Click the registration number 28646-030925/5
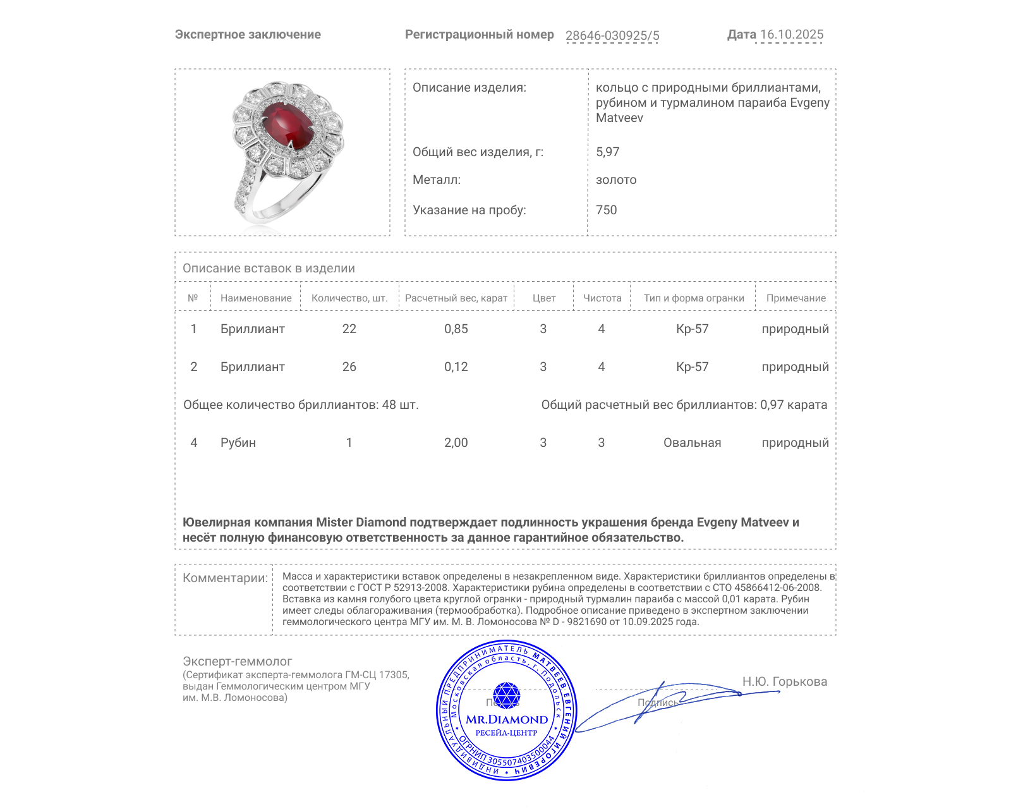[612, 35]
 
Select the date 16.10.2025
[792, 35]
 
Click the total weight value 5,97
[607, 152]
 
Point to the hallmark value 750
[606, 210]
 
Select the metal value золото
[616, 179]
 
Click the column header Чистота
[602, 298]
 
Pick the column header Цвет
[543, 298]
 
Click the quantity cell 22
[349, 329]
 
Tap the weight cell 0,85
[456, 329]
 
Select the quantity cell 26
[349, 367]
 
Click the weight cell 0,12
[456, 367]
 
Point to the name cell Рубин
[238, 442]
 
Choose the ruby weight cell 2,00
[456, 442]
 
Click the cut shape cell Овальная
[692, 442]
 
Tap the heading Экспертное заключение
[248, 35]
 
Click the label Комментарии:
[225, 578]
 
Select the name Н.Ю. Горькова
[784, 681]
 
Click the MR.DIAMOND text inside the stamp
[507, 719]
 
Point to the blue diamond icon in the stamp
[506, 695]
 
